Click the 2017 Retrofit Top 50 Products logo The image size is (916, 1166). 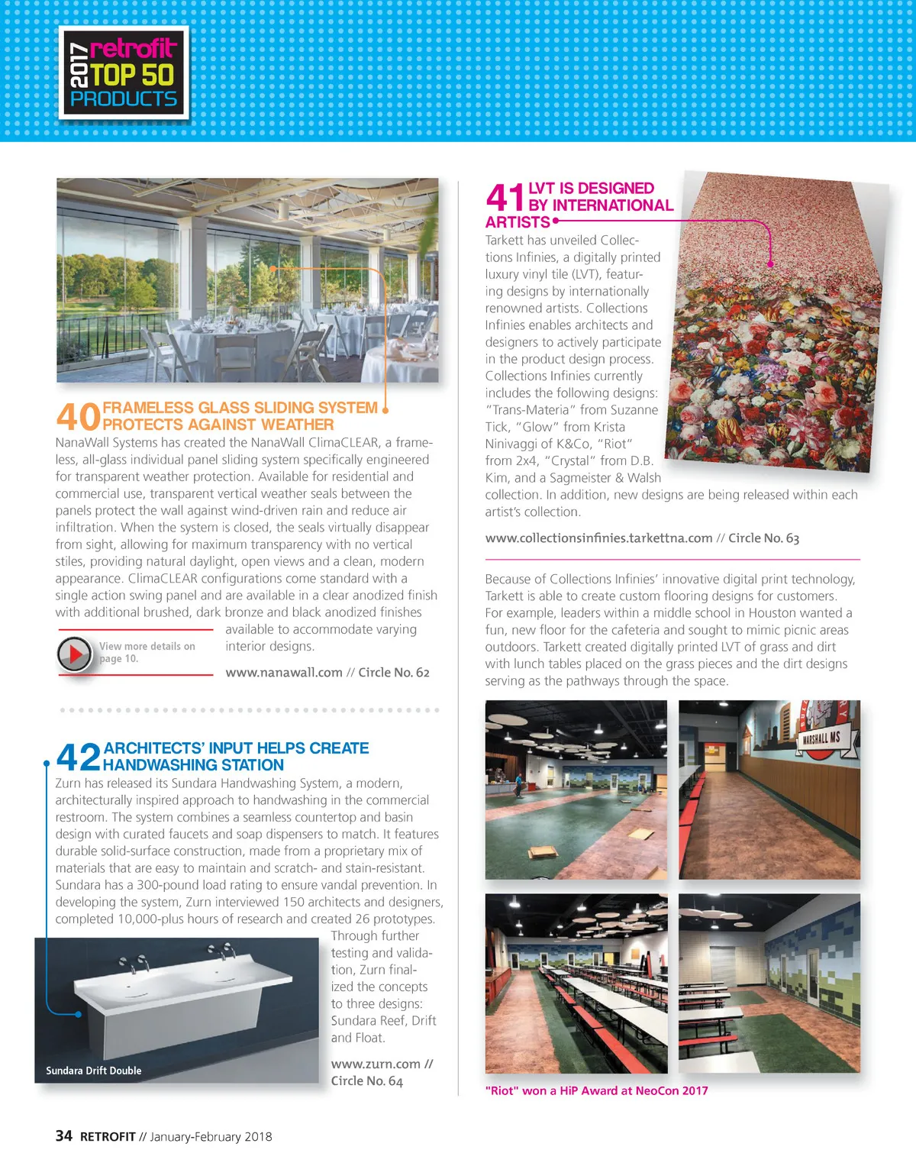(x=124, y=73)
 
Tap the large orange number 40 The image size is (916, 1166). (x=78, y=417)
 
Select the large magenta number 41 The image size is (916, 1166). (x=505, y=198)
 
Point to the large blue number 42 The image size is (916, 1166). (x=79, y=757)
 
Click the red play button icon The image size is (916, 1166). (x=75, y=654)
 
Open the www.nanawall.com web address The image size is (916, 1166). (x=284, y=673)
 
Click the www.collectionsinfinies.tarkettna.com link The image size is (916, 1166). (x=598, y=538)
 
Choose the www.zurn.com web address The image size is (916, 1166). (x=376, y=1064)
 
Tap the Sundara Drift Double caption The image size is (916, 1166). (x=94, y=1071)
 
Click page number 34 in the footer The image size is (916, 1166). (x=64, y=1136)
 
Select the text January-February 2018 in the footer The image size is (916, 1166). (x=211, y=1137)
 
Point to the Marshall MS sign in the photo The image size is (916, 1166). (x=820, y=738)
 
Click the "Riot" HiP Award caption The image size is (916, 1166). (x=596, y=1091)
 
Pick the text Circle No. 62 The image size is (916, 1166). (x=394, y=673)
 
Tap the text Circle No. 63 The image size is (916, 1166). (x=763, y=538)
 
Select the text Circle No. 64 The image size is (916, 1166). (x=366, y=1081)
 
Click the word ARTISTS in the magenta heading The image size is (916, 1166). (x=518, y=222)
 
